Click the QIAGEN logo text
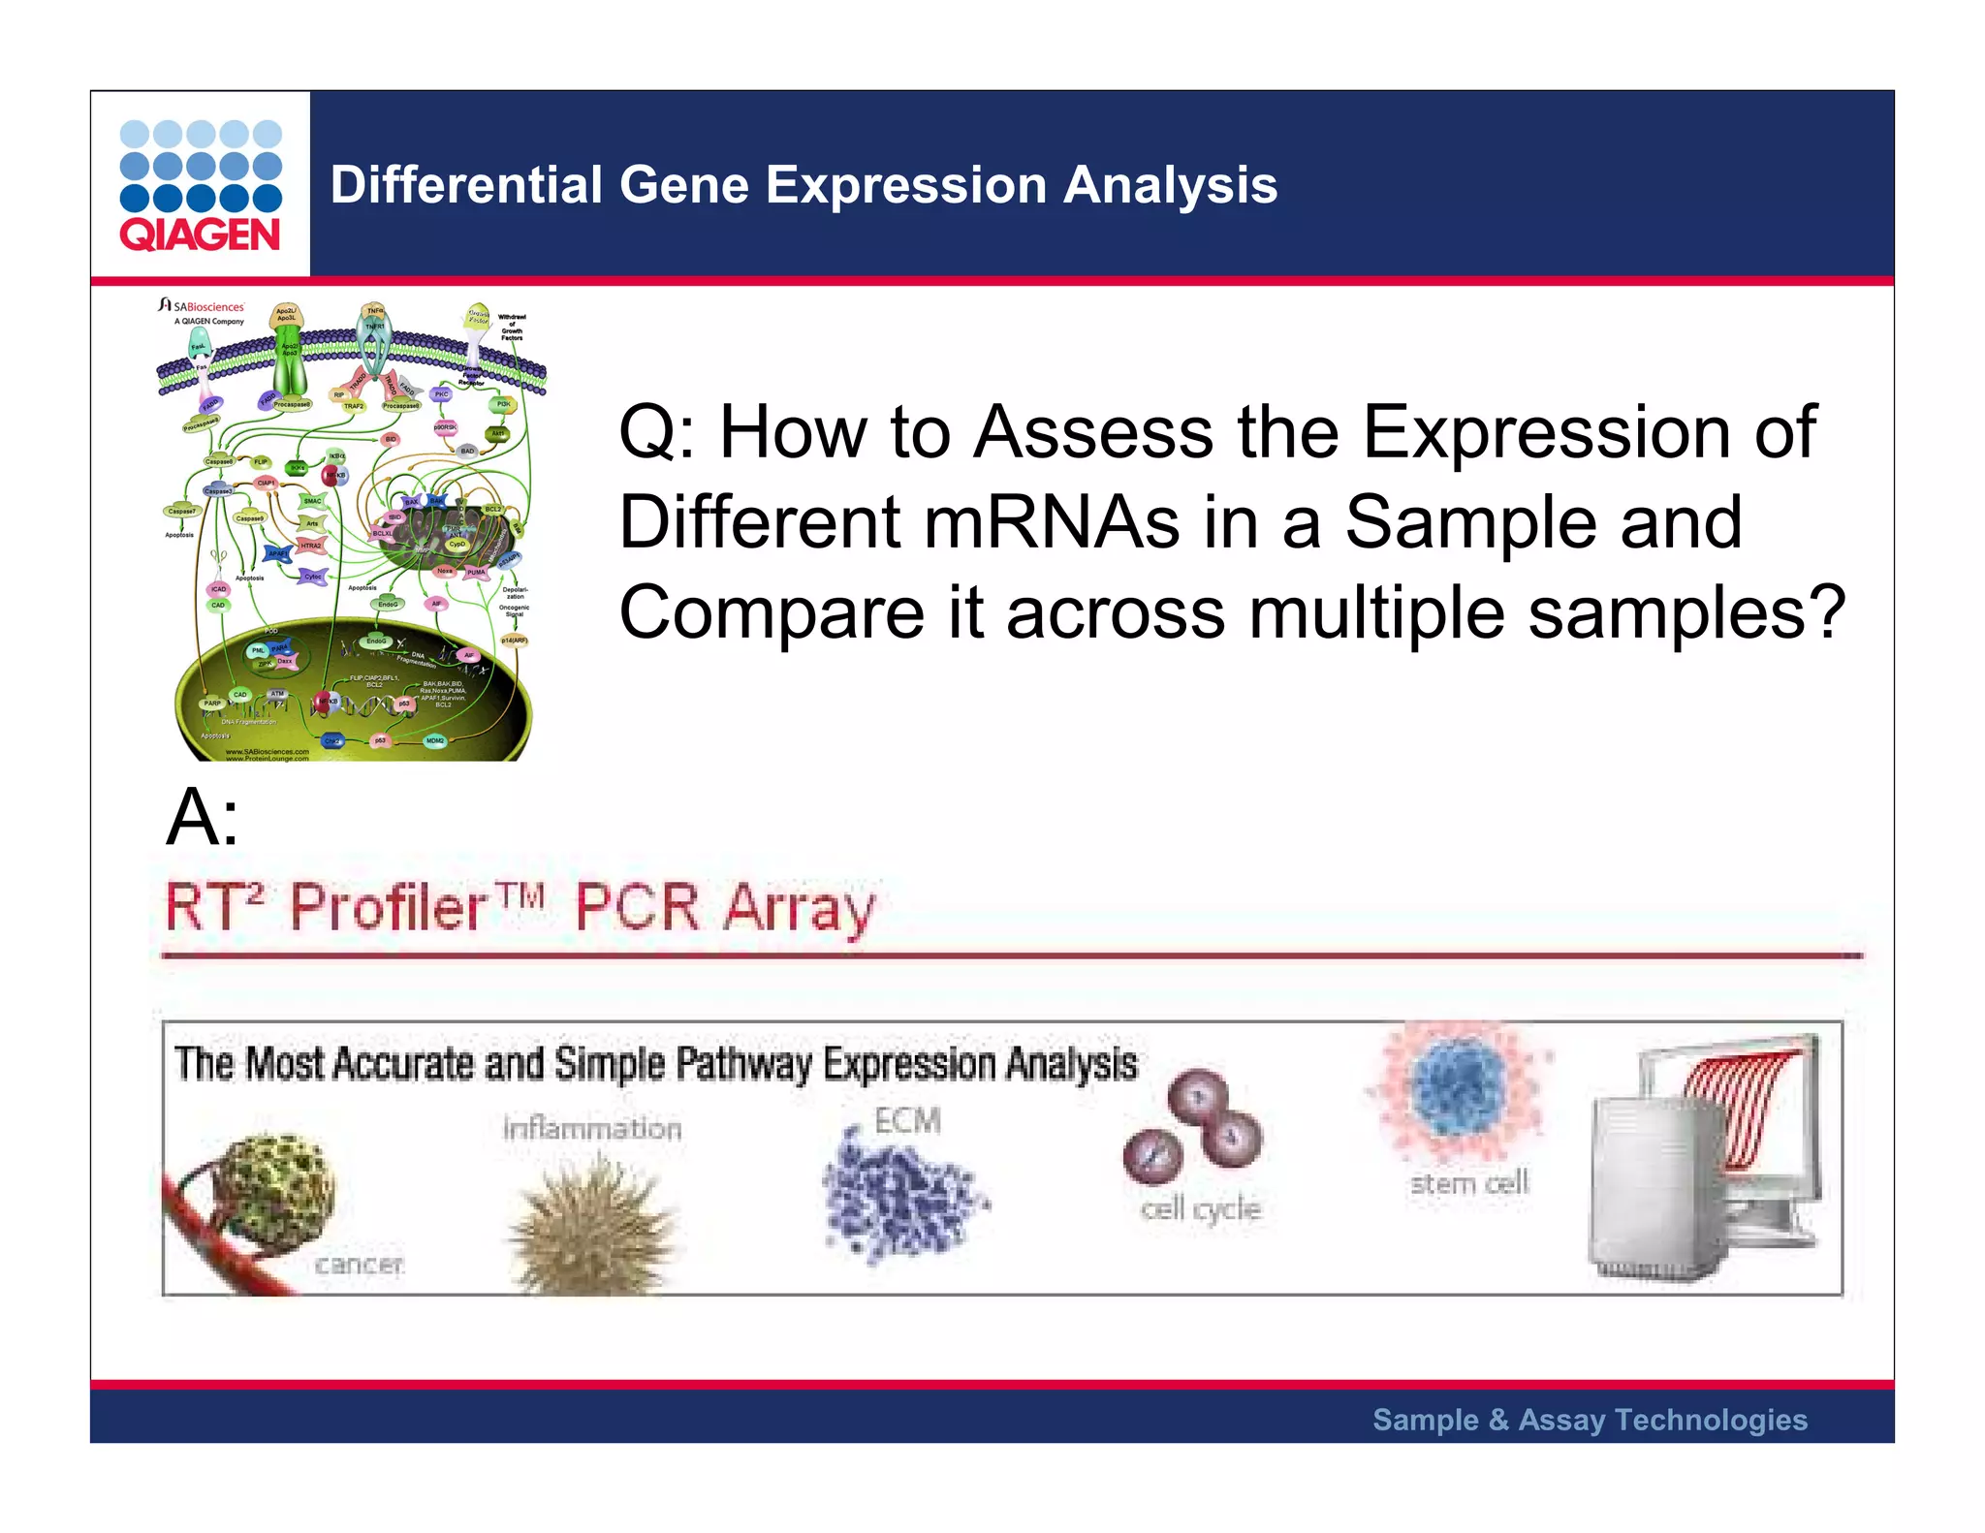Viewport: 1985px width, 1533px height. coord(200,235)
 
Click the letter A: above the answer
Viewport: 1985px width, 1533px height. coord(202,817)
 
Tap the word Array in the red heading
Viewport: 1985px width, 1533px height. coord(799,908)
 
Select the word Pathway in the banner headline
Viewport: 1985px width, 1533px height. coord(743,1064)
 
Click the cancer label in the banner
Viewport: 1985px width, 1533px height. coord(359,1264)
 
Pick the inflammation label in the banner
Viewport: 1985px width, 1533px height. coord(592,1128)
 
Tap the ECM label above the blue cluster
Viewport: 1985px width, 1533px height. coord(907,1120)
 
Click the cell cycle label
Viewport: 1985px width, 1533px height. coord(1200,1208)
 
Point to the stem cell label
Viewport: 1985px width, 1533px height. coord(1468,1183)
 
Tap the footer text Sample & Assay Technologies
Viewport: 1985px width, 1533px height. coord(1590,1420)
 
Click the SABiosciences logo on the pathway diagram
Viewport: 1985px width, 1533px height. coord(204,307)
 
